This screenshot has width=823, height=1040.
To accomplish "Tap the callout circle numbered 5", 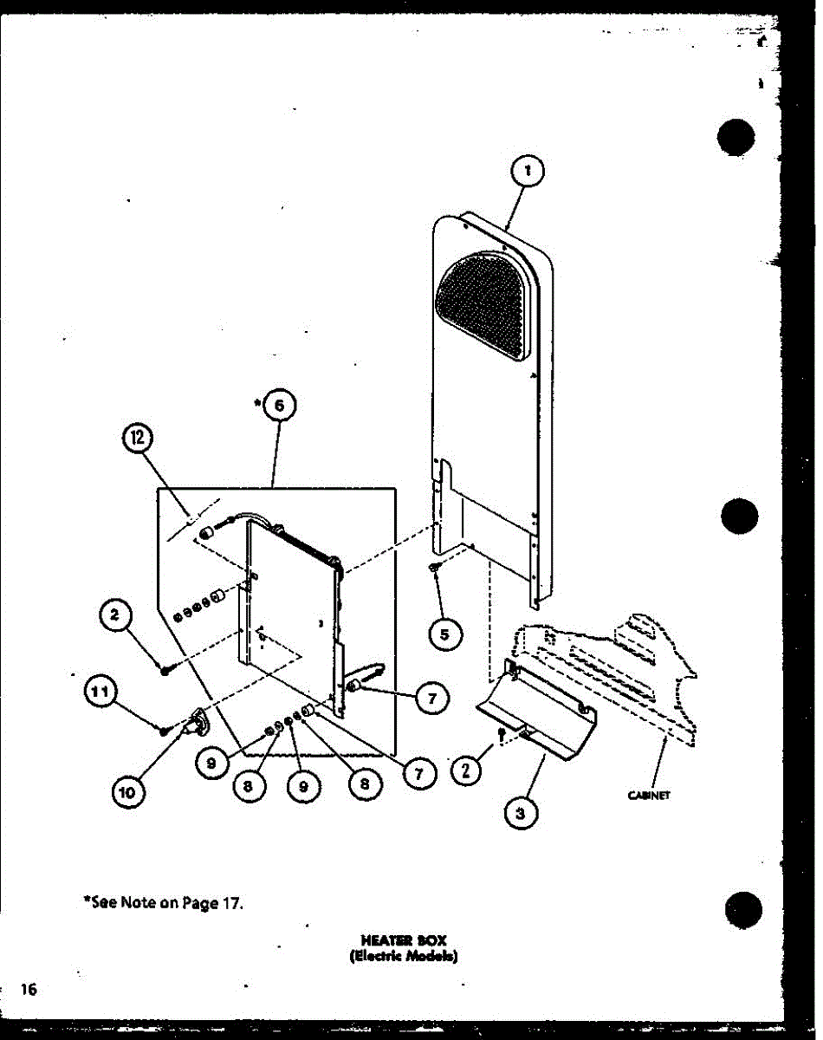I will point(444,634).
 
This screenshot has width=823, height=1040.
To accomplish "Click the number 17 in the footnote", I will point(231,902).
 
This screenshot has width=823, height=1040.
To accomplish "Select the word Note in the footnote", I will point(137,902).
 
